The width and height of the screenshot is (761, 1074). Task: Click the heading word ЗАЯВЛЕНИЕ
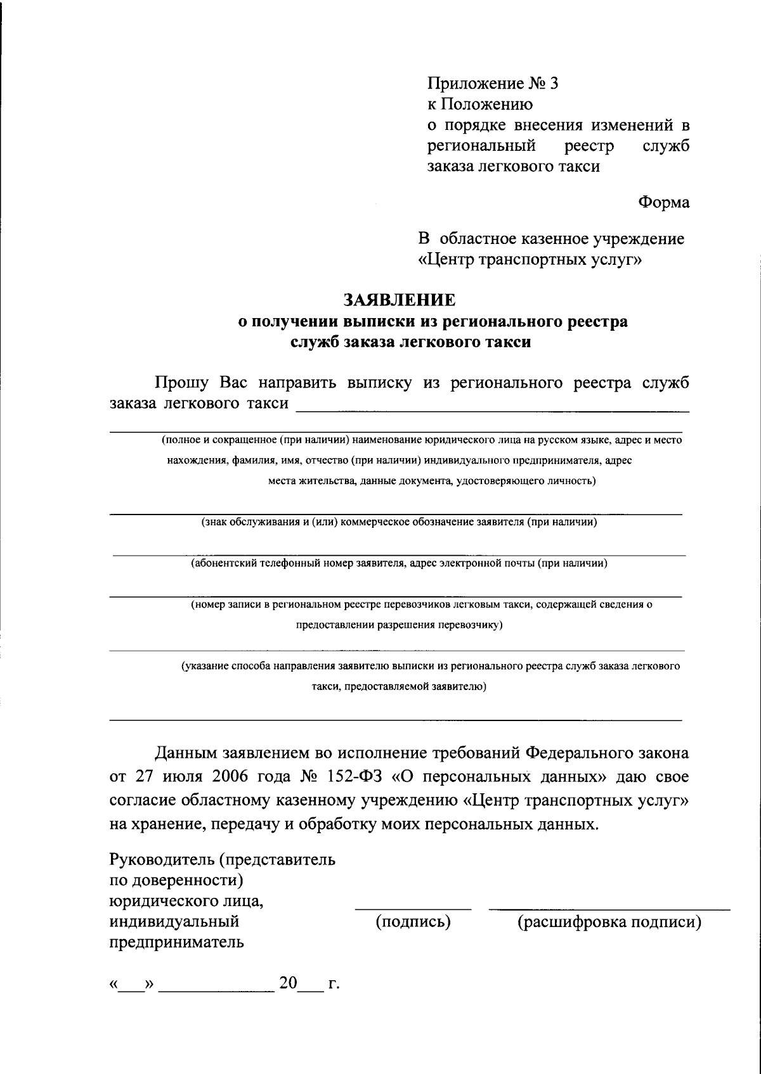tap(400, 298)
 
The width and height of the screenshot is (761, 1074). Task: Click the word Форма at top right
tap(663, 203)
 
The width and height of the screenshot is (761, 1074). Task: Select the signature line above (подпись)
tap(413, 909)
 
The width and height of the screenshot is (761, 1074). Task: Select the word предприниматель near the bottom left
tap(177, 942)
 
